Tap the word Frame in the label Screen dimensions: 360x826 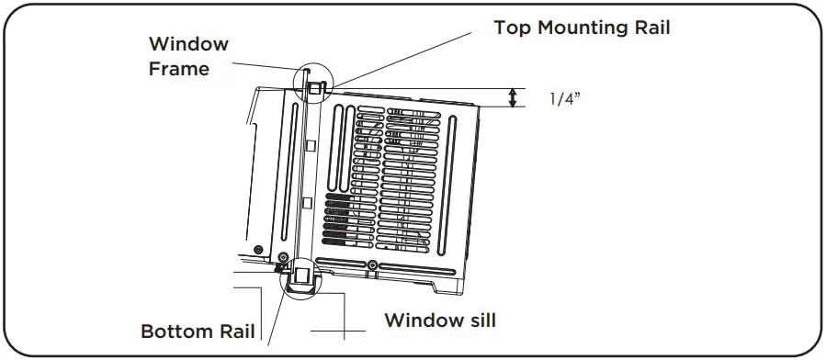click(178, 68)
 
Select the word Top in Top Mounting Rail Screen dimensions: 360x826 click(512, 28)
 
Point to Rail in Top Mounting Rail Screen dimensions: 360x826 click(651, 28)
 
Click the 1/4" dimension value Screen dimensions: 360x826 click(566, 98)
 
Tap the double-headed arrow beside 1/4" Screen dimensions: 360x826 click(514, 98)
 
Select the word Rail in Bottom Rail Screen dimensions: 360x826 click(233, 331)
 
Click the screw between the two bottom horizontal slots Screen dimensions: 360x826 click(371, 265)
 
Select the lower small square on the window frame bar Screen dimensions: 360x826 click(309, 202)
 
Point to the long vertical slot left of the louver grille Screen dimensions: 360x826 click(341, 149)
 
